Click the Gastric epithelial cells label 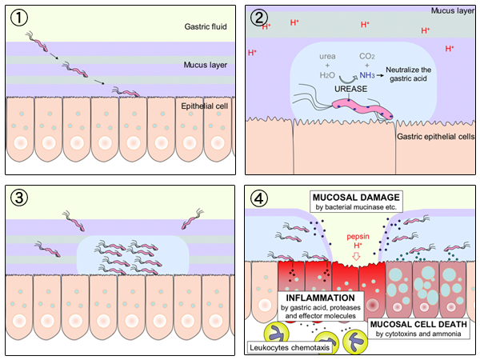pos(434,137)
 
